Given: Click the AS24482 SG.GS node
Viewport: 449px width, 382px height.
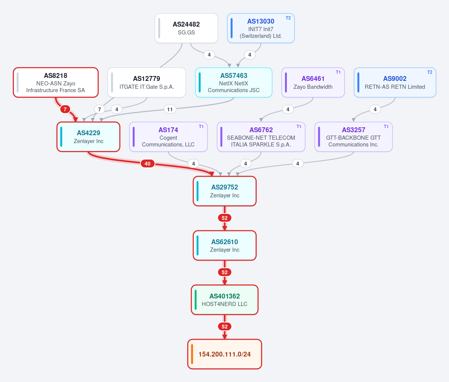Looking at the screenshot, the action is click(186, 28).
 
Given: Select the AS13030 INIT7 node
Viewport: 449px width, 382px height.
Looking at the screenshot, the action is click(261, 28).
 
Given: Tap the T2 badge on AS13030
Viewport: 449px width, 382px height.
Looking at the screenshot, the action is click(288, 18).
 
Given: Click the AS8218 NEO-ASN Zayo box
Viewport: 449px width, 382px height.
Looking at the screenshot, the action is click(56, 82).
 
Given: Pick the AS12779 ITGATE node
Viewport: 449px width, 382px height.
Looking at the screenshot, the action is click(147, 82).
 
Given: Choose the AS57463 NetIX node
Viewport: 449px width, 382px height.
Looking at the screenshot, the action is click(234, 82).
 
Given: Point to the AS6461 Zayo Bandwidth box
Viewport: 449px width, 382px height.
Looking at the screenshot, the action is click(313, 82).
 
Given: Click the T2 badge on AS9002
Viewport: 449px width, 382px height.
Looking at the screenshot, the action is click(430, 72).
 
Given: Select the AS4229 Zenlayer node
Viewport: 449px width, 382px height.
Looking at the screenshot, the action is click(88, 137).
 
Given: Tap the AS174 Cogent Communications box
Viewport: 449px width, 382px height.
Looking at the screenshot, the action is click(169, 137).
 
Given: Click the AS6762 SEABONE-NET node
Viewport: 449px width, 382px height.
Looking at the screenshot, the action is click(261, 137).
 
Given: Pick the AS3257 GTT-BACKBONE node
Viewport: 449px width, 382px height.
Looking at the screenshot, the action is click(354, 137).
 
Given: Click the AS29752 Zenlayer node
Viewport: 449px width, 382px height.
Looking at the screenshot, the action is click(225, 191).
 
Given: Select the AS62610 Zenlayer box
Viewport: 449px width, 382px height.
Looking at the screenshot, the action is click(225, 245).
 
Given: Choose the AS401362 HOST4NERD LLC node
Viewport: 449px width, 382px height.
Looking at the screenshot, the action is click(225, 300).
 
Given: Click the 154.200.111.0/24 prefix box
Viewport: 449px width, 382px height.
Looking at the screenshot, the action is click(225, 354).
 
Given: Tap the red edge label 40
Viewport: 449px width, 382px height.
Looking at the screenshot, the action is click(148, 164).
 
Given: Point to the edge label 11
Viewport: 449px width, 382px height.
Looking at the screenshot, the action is click(170, 109).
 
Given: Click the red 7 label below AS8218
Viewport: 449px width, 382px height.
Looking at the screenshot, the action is click(65, 109).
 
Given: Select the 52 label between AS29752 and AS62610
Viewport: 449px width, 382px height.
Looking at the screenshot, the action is click(225, 218).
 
